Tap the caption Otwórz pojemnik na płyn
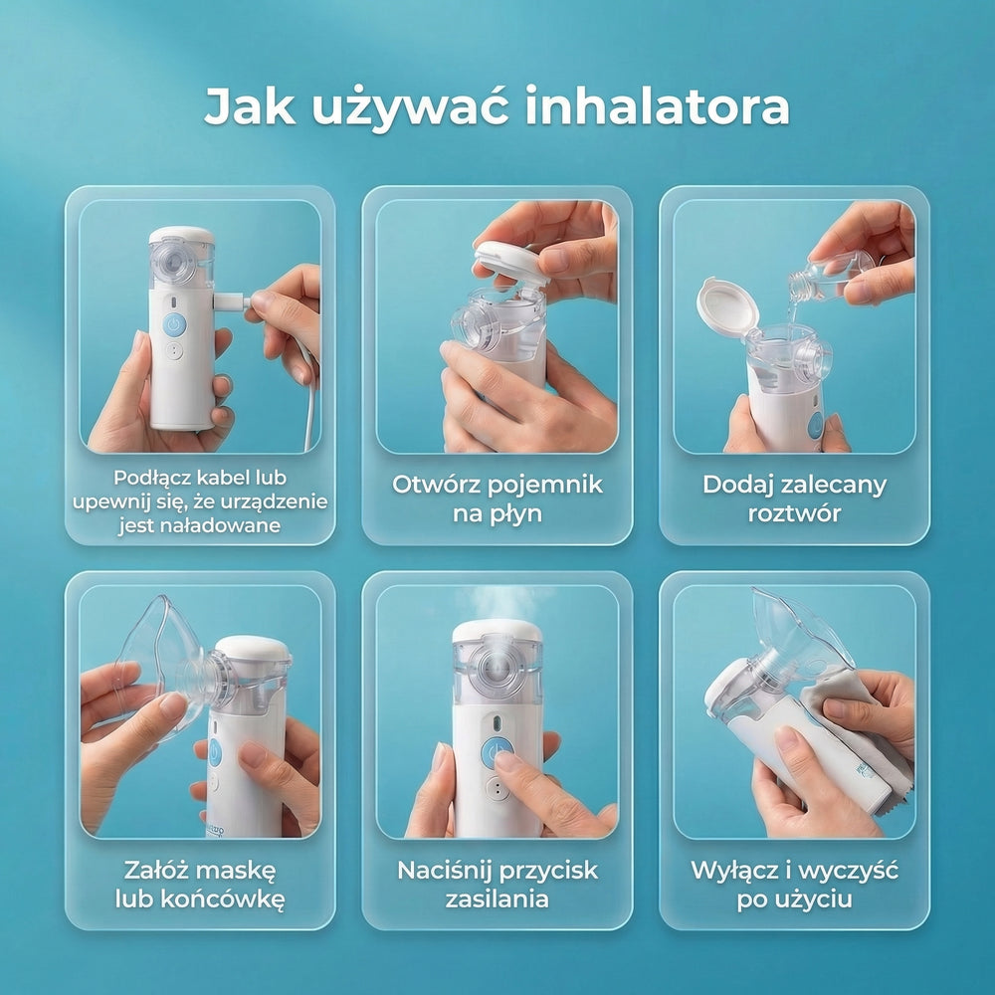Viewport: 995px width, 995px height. click(497, 498)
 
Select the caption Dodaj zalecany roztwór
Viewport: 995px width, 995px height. click(794, 498)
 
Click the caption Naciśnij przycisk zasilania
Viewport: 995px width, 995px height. click(497, 884)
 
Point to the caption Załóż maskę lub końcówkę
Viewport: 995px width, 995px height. click(200, 884)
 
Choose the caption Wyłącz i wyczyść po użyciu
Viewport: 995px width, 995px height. click(794, 884)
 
